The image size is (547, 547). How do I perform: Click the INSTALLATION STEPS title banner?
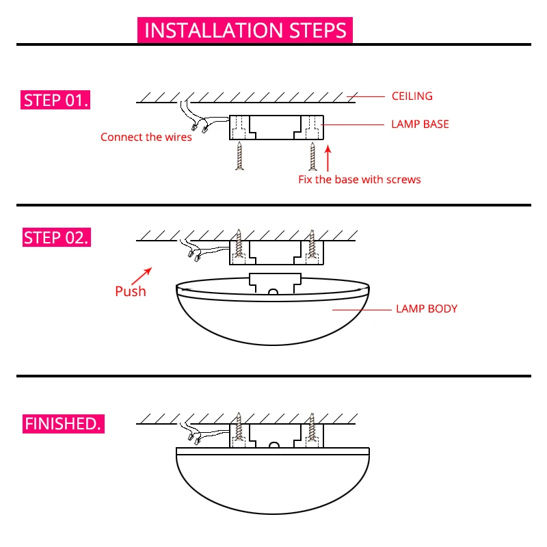click(x=245, y=31)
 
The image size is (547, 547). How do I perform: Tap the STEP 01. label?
click(x=56, y=101)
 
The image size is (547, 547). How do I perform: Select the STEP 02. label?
click(x=56, y=238)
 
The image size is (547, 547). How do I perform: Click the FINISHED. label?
click(x=63, y=423)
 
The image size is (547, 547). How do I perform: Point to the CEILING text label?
click(x=412, y=96)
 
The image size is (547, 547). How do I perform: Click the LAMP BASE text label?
click(x=420, y=124)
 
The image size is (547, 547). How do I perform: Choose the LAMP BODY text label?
click(x=427, y=308)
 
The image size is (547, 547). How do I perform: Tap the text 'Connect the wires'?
click(x=146, y=137)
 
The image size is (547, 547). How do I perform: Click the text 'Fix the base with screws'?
click(x=359, y=180)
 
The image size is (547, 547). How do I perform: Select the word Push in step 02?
click(x=130, y=291)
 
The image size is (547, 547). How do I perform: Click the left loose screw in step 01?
click(x=240, y=156)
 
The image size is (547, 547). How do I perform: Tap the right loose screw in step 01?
click(x=312, y=156)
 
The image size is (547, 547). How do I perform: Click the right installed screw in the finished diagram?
click(x=312, y=427)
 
